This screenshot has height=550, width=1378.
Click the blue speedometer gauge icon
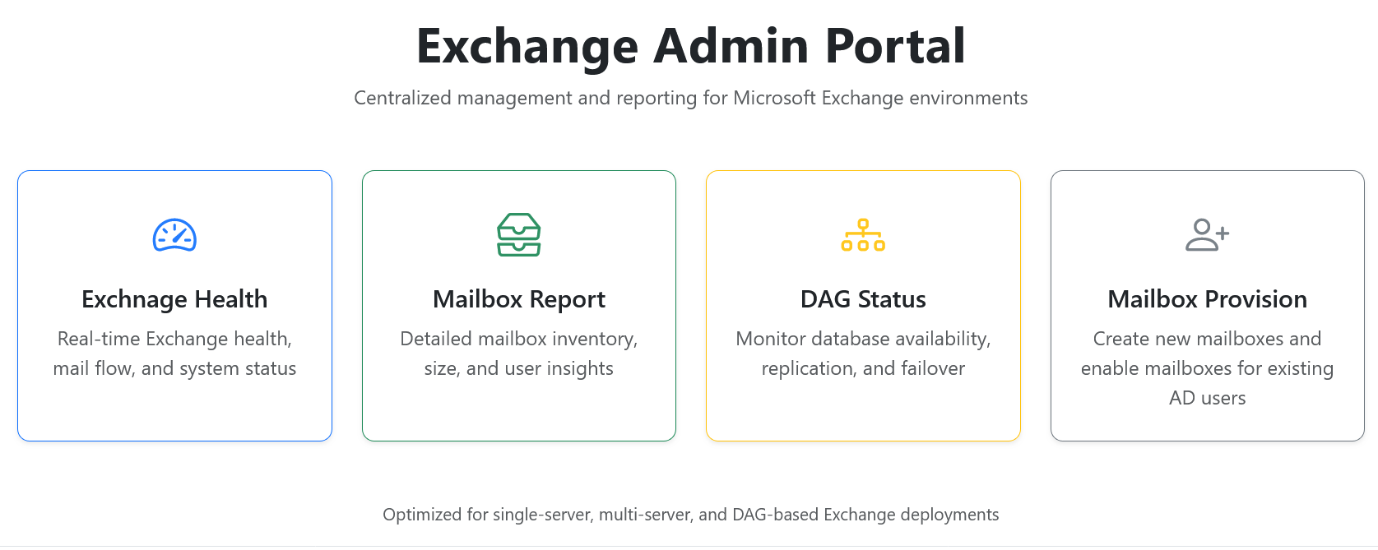[x=174, y=235]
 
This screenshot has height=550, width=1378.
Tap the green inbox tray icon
[x=518, y=234]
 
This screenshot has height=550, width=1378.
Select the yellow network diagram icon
[x=863, y=235]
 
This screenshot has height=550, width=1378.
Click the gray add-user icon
[x=1207, y=235]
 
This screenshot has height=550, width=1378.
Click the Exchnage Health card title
[x=174, y=299]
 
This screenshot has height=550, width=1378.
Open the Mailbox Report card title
[x=518, y=299]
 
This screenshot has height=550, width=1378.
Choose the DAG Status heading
[x=863, y=299]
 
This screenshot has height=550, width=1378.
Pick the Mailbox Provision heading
[x=1207, y=299]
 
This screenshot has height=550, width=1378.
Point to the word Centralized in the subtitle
[x=402, y=98]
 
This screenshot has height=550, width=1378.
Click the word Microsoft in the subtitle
[x=774, y=98]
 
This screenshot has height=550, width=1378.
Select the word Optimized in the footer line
[x=423, y=515]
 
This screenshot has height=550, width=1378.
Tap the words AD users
[x=1207, y=398]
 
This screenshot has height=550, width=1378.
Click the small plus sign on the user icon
[x=1223, y=233]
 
